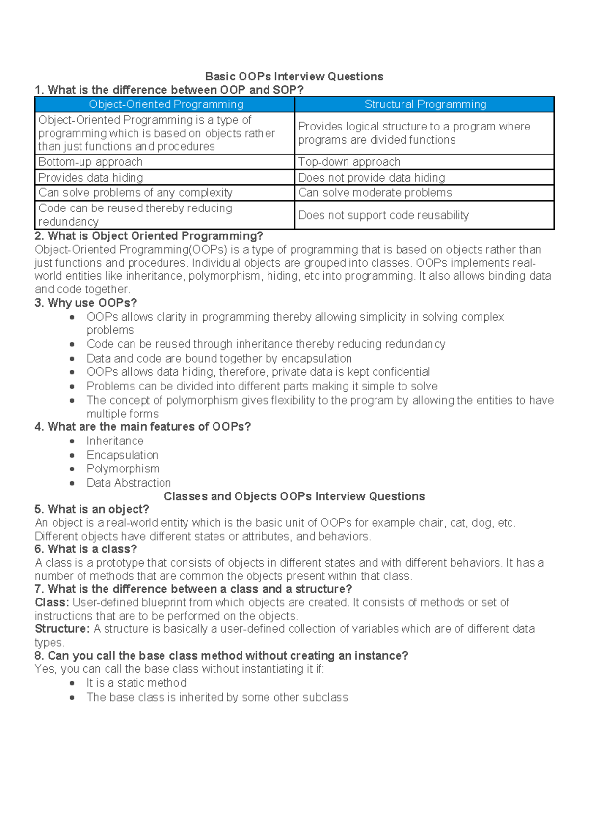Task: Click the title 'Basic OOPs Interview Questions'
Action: coord(294,77)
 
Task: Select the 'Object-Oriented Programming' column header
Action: coord(166,104)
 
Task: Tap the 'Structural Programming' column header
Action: coord(425,104)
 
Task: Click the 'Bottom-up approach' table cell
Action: coord(90,162)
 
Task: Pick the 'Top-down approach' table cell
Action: coord(349,162)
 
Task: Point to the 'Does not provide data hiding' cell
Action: coord(372,178)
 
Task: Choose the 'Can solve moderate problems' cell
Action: coord(375,193)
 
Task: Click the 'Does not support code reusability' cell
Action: coord(383,215)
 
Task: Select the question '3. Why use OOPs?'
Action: coord(85,303)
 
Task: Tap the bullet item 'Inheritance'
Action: coord(115,441)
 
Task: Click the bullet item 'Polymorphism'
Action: coord(123,469)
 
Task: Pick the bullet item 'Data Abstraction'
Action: coord(129,483)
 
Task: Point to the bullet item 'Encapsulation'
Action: coord(122,455)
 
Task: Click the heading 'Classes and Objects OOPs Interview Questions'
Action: coord(294,496)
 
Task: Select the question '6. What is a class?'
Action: coord(85,549)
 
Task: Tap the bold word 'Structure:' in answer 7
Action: coord(62,629)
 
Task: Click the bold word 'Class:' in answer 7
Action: coord(52,602)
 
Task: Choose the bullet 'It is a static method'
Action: coord(136,683)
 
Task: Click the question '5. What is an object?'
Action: coord(92,509)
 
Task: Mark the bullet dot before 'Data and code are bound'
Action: coord(72,359)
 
